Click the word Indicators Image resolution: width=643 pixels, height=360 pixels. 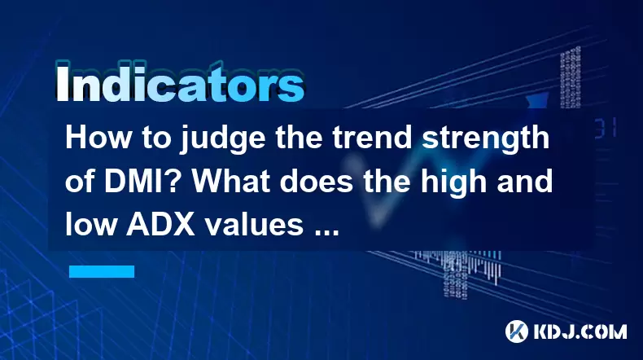point(180,84)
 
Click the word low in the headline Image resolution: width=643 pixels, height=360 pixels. point(90,225)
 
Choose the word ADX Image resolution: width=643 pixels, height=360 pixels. point(160,225)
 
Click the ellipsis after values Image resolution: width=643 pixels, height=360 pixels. point(326,233)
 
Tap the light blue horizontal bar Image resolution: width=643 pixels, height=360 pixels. point(102,271)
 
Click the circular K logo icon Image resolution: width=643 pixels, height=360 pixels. point(516,331)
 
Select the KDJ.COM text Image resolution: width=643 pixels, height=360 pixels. point(580,331)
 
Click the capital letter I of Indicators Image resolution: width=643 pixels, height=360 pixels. point(62,84)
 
